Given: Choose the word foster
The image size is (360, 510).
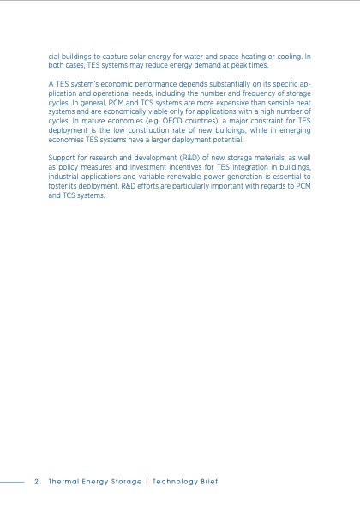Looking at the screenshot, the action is (57, 187).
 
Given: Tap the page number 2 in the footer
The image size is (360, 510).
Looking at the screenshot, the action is (36, 482).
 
